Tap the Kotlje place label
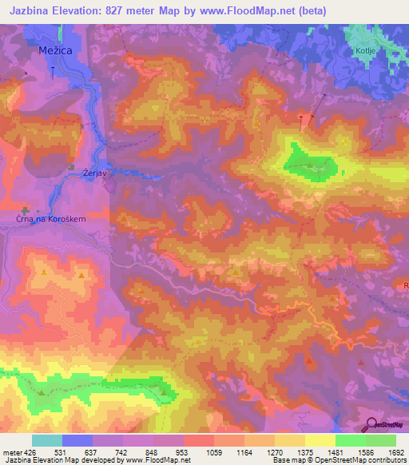pyautogui.click(x=363, y=50)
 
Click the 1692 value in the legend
pyautogui.click(x=395, y=452)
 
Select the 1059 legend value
pyautogui.click(x=213, y=452)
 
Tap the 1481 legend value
pyautogui.click(x=335, y=452)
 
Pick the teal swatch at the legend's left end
pyautogui.click(x=47, y=440)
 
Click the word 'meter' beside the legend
pyautogui.click(x=11, y=452)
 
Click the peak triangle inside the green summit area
pyautogui.click(x=310, y=165)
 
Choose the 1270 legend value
pyautogui.click(x=274, y=452)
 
